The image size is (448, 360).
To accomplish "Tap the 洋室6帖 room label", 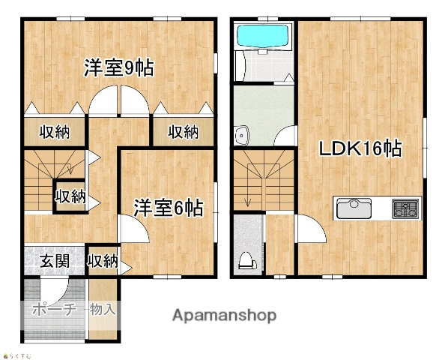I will point(169,208).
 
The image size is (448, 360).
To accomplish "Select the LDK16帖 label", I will point(360,148).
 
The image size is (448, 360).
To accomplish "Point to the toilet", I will point(246,259).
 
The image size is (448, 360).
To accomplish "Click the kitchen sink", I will point(354,208).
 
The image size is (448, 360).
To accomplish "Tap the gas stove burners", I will point(405,208).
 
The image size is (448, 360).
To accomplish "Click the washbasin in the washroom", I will point(241,136).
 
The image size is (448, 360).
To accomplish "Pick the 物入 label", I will point(103,308).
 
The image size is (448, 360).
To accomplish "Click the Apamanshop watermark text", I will point(224,315).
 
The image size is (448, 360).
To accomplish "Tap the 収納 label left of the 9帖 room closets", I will point(55,132).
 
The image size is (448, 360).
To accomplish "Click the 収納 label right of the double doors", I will point(183,132).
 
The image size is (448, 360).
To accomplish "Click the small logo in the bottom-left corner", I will point(14,355).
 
